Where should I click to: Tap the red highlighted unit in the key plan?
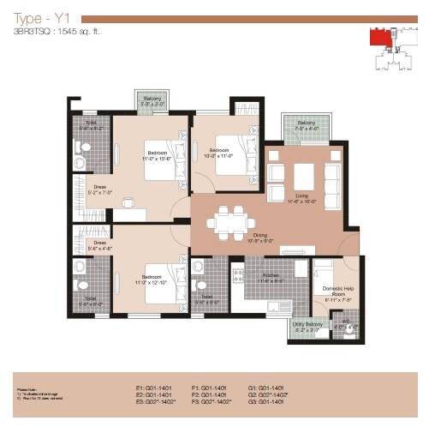pos(378,37)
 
